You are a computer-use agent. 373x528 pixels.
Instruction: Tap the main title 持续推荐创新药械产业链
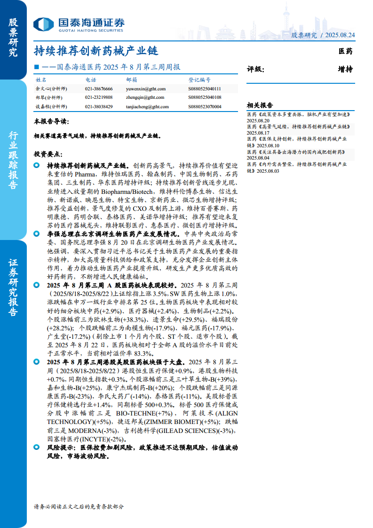point(95,50)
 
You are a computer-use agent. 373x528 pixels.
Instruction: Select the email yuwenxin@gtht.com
point(146,88)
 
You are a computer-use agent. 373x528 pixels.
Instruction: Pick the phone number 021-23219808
point(99,97)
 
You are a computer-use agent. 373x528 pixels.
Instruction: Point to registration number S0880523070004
point(205,106)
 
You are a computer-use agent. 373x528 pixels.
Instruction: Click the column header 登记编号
point(199,80)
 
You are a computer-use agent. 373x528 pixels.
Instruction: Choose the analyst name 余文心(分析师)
point(51,88)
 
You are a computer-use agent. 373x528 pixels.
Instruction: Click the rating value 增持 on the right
point(345,69)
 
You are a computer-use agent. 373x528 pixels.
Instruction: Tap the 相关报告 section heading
point(260,105)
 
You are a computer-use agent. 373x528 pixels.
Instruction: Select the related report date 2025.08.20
point(258,120)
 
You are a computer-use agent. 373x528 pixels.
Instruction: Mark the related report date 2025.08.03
point(268,171)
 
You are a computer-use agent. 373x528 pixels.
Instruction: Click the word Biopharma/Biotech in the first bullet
point(126,192)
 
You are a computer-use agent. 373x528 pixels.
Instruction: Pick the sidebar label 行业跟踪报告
point(13,160)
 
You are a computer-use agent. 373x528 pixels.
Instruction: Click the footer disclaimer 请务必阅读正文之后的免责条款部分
point(79,506)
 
